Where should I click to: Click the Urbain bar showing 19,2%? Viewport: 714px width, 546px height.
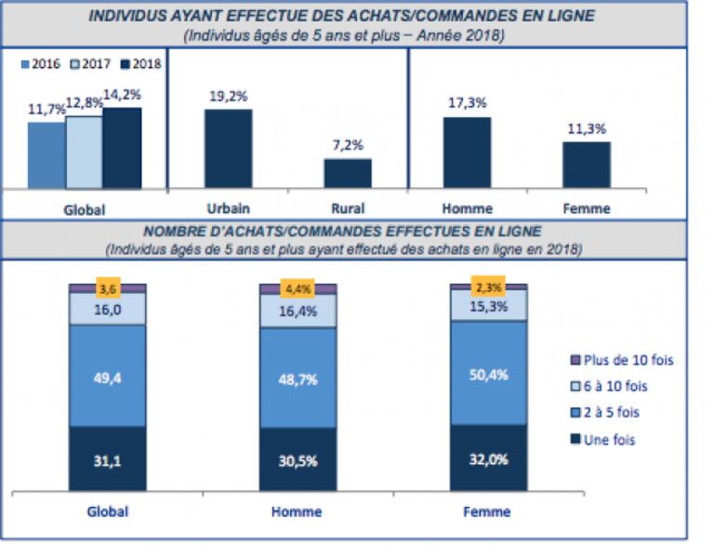tap(228, 149)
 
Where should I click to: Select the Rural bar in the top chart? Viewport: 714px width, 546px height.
tap(347, 173)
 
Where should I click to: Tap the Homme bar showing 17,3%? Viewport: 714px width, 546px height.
tap(467, 153)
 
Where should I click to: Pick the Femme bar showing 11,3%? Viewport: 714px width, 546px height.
tap(586, 165)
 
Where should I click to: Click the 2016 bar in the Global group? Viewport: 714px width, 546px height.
tap(46, 155)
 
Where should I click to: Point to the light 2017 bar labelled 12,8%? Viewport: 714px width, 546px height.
tap(84, 153)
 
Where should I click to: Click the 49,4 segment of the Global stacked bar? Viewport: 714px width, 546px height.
tap(107, 376)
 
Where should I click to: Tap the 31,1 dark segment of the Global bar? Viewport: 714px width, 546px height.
tap(107, 458)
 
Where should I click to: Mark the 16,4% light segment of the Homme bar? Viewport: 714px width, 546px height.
tap(297, 310)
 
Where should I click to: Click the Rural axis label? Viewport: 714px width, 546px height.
tap(347, 208)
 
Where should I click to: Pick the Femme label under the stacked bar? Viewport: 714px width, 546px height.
tap(488, 511)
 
